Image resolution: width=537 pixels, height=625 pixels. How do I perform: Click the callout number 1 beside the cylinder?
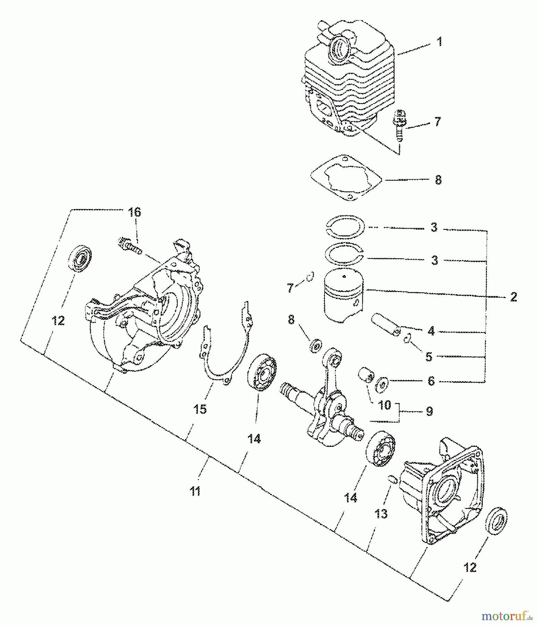[x=439, y=42]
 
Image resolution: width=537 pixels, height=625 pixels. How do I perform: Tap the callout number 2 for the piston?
[x=513, y=297]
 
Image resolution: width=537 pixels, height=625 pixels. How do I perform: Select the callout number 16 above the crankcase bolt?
[x=135, y=212]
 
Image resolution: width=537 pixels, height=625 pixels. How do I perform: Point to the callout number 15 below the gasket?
[x=200, y=409]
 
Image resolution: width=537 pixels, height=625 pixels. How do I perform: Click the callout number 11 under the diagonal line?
[x=195, y=491]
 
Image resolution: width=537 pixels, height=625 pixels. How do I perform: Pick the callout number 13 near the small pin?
[x=381, y=513]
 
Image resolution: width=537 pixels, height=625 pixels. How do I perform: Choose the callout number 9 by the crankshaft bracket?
[x=429, y=411]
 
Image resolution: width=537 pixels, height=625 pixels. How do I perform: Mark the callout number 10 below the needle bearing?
[x=384, y=405]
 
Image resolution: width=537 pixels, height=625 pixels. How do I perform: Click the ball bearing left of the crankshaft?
[x=262, y=373]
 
